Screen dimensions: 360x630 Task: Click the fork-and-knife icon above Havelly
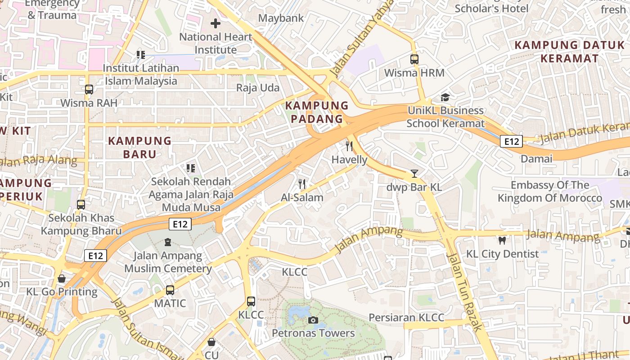tap(349, 146)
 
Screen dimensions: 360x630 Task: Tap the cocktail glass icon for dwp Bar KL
tap(414, 173)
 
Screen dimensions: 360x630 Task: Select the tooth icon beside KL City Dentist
tap(502, 240)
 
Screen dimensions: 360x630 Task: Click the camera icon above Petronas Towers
tap(313, 320)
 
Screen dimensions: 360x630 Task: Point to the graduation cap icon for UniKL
tap(445, 97)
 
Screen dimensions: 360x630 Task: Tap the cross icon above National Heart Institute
tap(216, 23)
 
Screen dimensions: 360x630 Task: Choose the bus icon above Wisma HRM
tap(414, 59)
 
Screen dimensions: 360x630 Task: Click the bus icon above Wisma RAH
tap(89, 89)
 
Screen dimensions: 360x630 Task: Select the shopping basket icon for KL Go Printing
tap(62, 279)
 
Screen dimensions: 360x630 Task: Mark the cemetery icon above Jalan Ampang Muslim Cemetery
tap(168, 242)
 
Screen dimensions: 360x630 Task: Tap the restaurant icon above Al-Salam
tap(302, 184)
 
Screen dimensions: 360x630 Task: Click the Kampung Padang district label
tap(317, 112)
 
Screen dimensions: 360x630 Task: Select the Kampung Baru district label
tap(139, 147)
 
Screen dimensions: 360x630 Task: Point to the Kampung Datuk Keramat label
tap(569, 51)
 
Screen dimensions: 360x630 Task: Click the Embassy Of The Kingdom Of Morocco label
tap(549, 191)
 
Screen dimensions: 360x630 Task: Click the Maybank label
tap(281, 18)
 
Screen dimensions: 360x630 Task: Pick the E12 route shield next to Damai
tap(511, 142)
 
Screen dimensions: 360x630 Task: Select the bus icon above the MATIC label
tap(170, 290)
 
